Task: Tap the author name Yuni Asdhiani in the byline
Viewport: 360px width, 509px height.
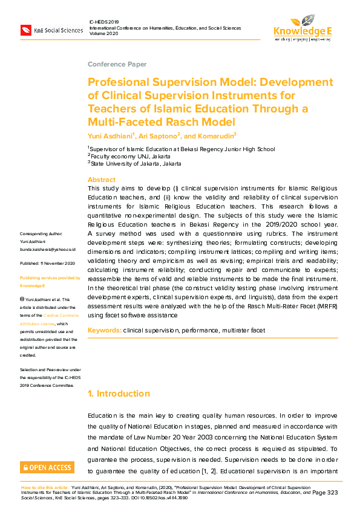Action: pos(109,136)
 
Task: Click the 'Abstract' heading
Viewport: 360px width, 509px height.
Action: pos(102,180)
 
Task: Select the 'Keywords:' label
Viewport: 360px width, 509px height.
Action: pos(104,331)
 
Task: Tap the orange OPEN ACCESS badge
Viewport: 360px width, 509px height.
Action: pos(47,468)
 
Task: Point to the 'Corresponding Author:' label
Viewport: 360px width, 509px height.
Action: pos(41,233)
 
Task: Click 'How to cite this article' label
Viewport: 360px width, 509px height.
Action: pos(44,486)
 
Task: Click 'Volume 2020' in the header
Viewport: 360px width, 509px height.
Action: pos(104,34)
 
